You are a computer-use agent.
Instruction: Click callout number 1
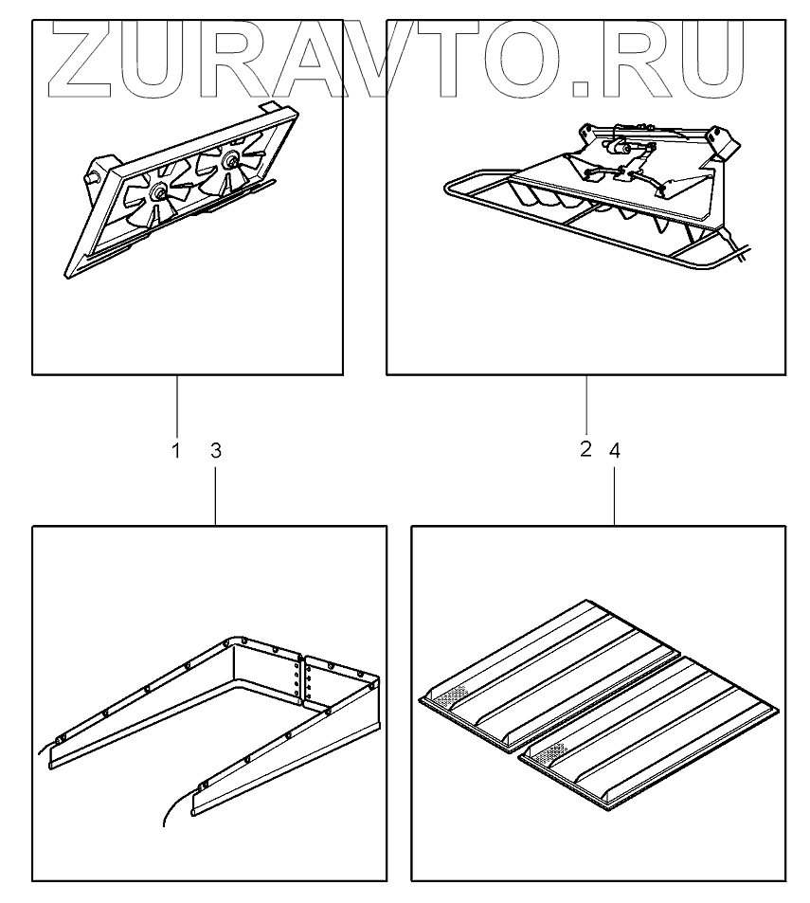pos(175,451)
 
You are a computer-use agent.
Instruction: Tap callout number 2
pos(585,449)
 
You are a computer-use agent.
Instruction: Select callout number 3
pos(215,451)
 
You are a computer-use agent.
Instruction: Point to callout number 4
pos(615,451)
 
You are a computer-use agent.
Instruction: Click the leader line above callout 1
pos(176,407)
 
